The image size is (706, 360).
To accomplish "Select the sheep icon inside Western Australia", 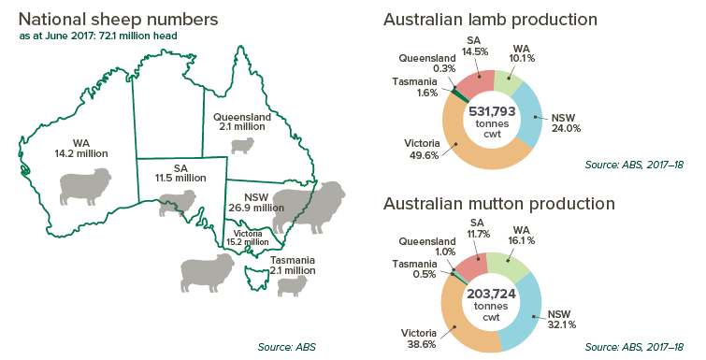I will [x=85, y=185].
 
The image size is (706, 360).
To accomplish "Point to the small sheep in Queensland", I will [x=242, y=145].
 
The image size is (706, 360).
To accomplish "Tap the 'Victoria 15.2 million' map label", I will [x=247, y=238].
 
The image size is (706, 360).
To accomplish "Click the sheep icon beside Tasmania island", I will [x=292, y=285].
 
